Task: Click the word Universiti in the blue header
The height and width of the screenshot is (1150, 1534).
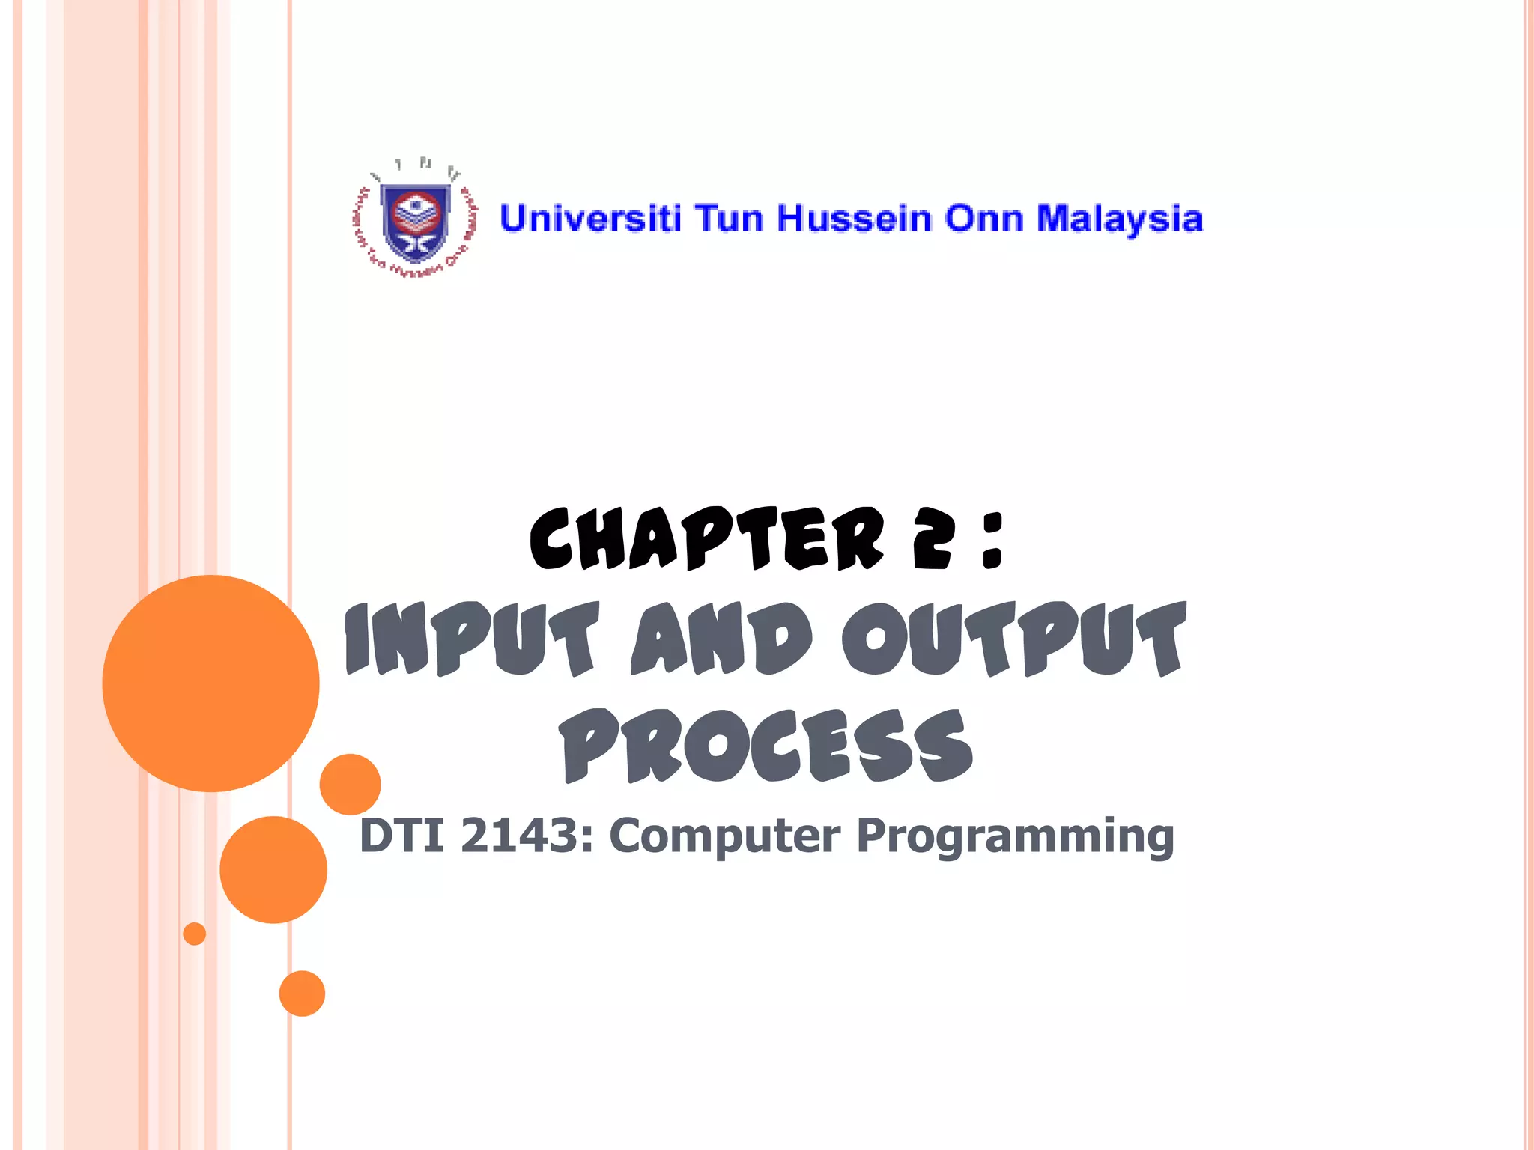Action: (590, 219)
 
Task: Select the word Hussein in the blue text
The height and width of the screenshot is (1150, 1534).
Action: (853, 219)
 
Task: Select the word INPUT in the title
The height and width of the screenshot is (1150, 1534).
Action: (472, 640)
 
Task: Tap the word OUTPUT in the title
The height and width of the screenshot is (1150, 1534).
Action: (1014, 640)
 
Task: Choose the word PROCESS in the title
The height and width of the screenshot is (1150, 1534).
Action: (766, 746)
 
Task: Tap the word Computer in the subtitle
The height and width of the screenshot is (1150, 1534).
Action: (724, 837)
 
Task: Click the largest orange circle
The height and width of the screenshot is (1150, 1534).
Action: (210, 683)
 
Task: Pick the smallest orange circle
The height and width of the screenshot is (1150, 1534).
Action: (194, 934)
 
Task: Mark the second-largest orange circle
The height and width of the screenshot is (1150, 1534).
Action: (273, 869)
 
